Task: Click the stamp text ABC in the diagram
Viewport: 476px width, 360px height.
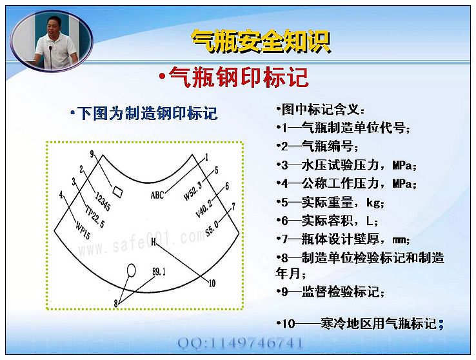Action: pyautogui.click(x=157, y=195)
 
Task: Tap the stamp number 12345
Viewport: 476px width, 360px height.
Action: pyautogui.click(x=103, y=201)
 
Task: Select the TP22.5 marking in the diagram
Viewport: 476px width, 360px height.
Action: pyautogui.click(x=95, y=216)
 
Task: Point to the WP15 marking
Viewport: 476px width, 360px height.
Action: pyautogui.click(x=83, y=231)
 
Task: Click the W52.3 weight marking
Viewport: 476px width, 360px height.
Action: pyautogui.click(x=193, y=191)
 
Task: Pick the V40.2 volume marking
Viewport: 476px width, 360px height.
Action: pyautogui.click(x=204, y=208)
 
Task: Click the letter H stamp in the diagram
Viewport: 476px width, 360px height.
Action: pyautogui.click(x=154, y=242)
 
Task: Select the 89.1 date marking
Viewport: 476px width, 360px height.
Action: pyautogui.click(x=159, y=272)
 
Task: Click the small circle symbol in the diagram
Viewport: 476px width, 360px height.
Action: pyautogui.click(x=131, y=270)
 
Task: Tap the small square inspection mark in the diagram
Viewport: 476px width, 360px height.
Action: pyautogui.click(x=117, y=191)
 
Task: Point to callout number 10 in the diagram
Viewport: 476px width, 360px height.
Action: pyautogui.click(x=212, y=283)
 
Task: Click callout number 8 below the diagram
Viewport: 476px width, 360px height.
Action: pyautogui.click(x=115, y=303)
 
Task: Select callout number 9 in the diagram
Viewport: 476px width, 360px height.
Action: pyautogui.click(x=92, y=154)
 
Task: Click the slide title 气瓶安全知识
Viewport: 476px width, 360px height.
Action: pyautogui.click(x=261, y=41)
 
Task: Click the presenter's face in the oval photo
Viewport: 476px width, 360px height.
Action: pyautogui.click(x=53, y=26)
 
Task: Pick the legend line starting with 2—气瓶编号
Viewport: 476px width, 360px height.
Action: pyautogui.click(x=318, y=146)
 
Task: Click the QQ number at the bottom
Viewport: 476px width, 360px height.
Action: pyautogui.click(x=240, y=343)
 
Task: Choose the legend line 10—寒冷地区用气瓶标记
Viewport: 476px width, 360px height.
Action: pyautogui.click(x=360, y=324)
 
